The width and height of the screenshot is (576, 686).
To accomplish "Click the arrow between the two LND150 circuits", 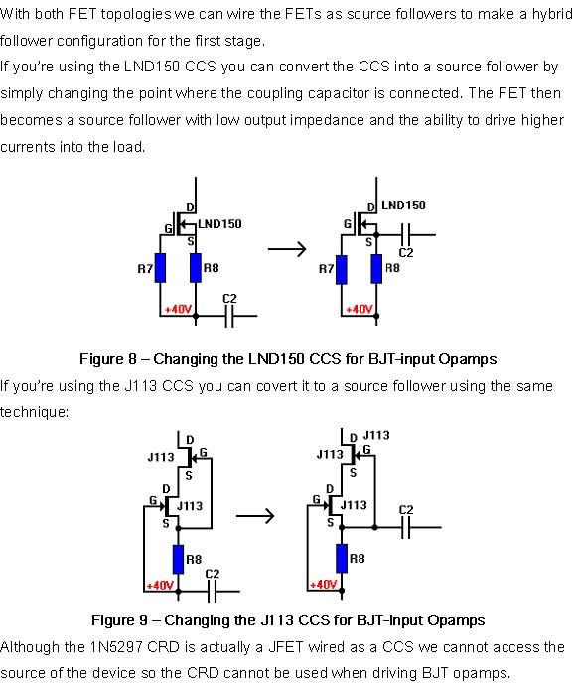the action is click(x=287, y=249).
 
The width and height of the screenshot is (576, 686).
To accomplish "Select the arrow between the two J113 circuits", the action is click(x=255, y=516).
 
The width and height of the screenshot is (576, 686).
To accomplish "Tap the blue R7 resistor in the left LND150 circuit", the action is click(x=160, y=268).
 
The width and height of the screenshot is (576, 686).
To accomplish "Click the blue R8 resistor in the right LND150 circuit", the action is click(x=376, y=269).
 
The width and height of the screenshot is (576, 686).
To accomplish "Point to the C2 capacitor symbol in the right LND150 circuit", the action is click(x=406, y=235).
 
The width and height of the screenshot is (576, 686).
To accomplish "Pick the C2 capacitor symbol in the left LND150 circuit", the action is click(x=229, y=316).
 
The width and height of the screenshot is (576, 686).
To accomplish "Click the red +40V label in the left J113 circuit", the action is click(x=160, y=586).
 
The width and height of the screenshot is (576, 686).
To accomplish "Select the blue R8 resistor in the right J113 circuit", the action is click(x=342, y=558).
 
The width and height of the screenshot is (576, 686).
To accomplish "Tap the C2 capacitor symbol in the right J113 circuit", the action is click(x=406, y=527).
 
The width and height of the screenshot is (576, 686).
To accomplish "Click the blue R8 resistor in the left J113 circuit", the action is click(x=178, y=559).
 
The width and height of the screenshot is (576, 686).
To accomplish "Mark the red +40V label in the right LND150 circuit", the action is click(x=359, y=310).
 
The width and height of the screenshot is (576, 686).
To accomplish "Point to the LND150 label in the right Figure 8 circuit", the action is click(x=403, y=206).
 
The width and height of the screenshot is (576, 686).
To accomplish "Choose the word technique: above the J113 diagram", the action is click(x=34, y=412).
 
